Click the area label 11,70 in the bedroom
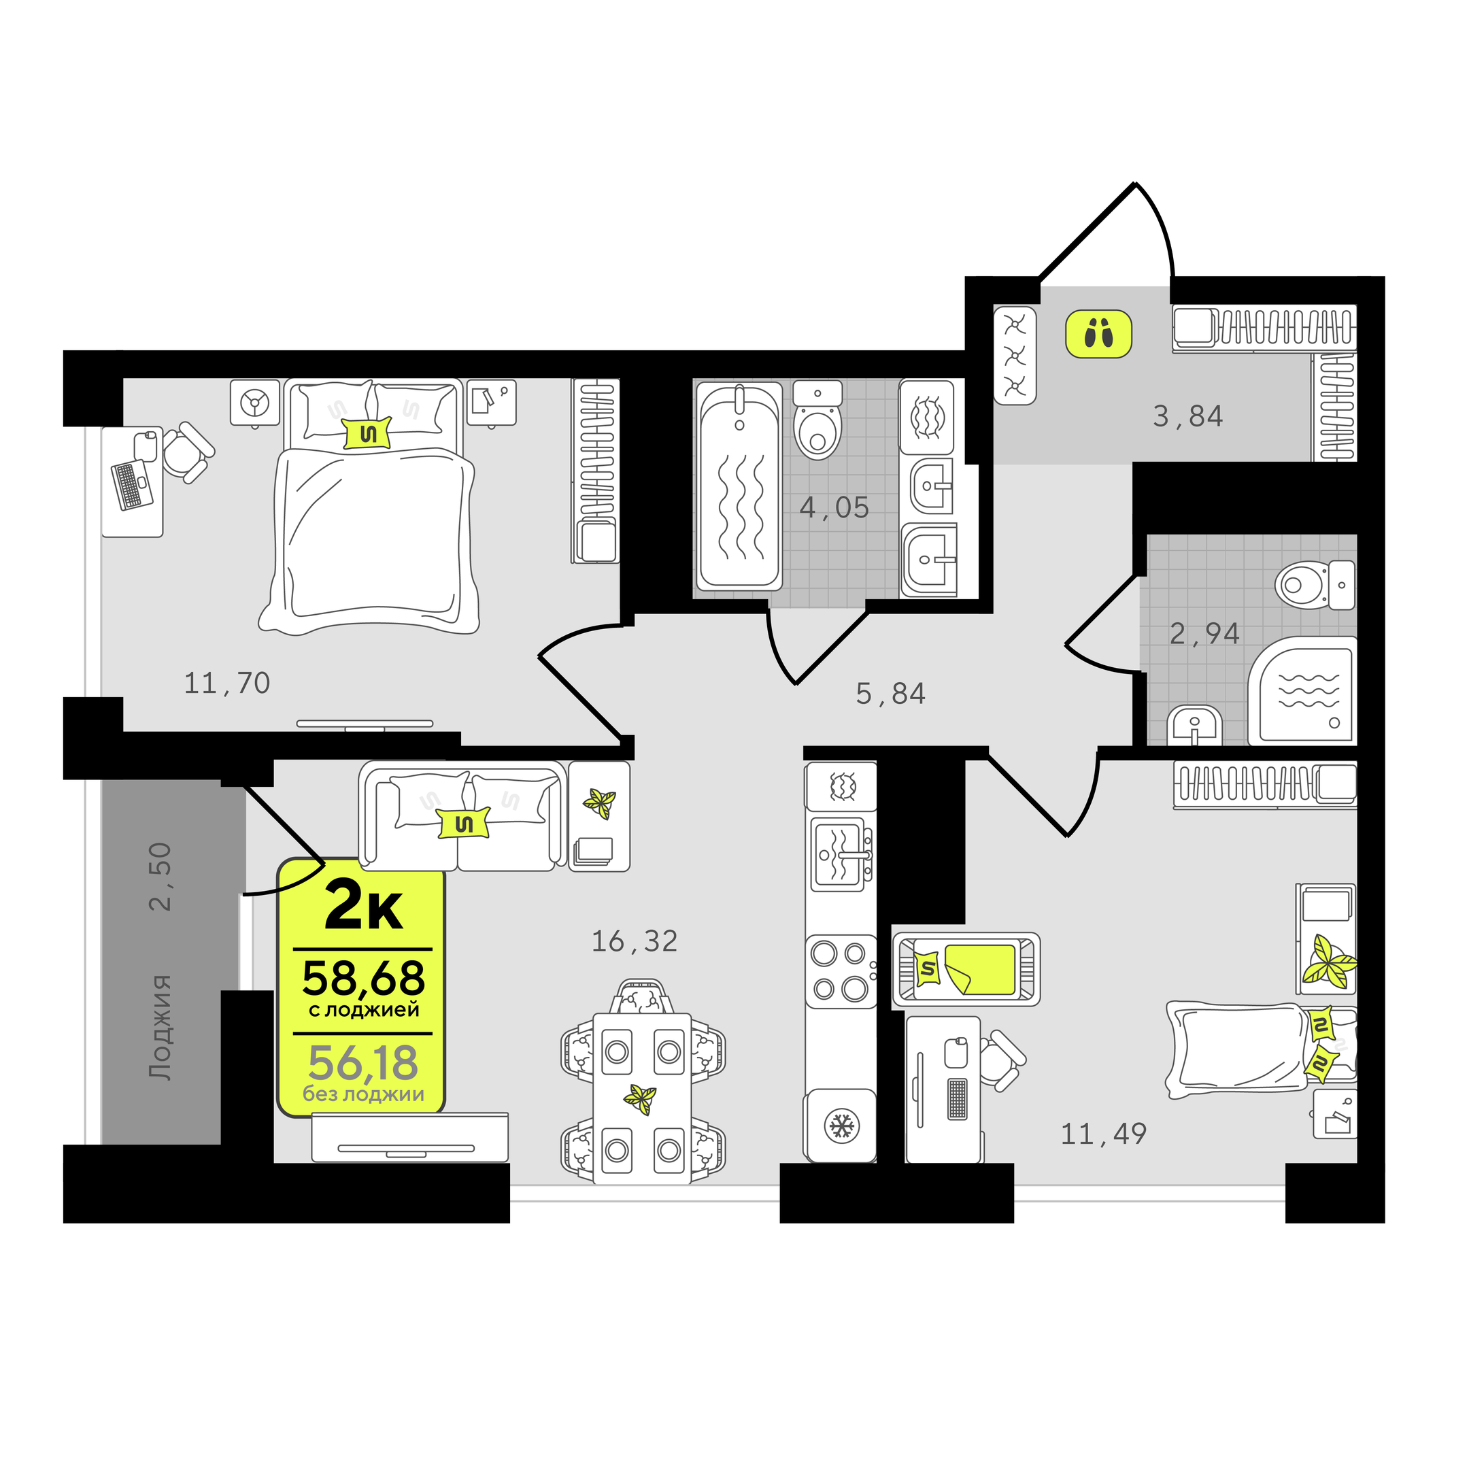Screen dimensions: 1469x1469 pos(227,683)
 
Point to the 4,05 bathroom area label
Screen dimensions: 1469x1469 pos(834,507)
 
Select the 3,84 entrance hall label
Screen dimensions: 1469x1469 pos(1187,417)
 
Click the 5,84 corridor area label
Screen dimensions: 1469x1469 pos(890,694)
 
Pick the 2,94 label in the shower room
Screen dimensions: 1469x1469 pos(1204,633)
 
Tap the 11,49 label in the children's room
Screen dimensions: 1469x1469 pos(1103,1134)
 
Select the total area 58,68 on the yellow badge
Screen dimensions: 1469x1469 pos(363,979)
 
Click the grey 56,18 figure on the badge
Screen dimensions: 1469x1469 pos(363,1062)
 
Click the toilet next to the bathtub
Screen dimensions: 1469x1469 pos(817,420)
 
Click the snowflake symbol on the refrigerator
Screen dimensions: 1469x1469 pos(842,1126)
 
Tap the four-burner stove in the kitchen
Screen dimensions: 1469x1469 pos(840,971)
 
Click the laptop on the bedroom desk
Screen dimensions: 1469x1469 pos(131,484)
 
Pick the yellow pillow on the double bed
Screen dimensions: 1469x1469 pos(368,433)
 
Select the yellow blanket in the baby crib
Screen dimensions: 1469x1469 pos(979,968)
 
